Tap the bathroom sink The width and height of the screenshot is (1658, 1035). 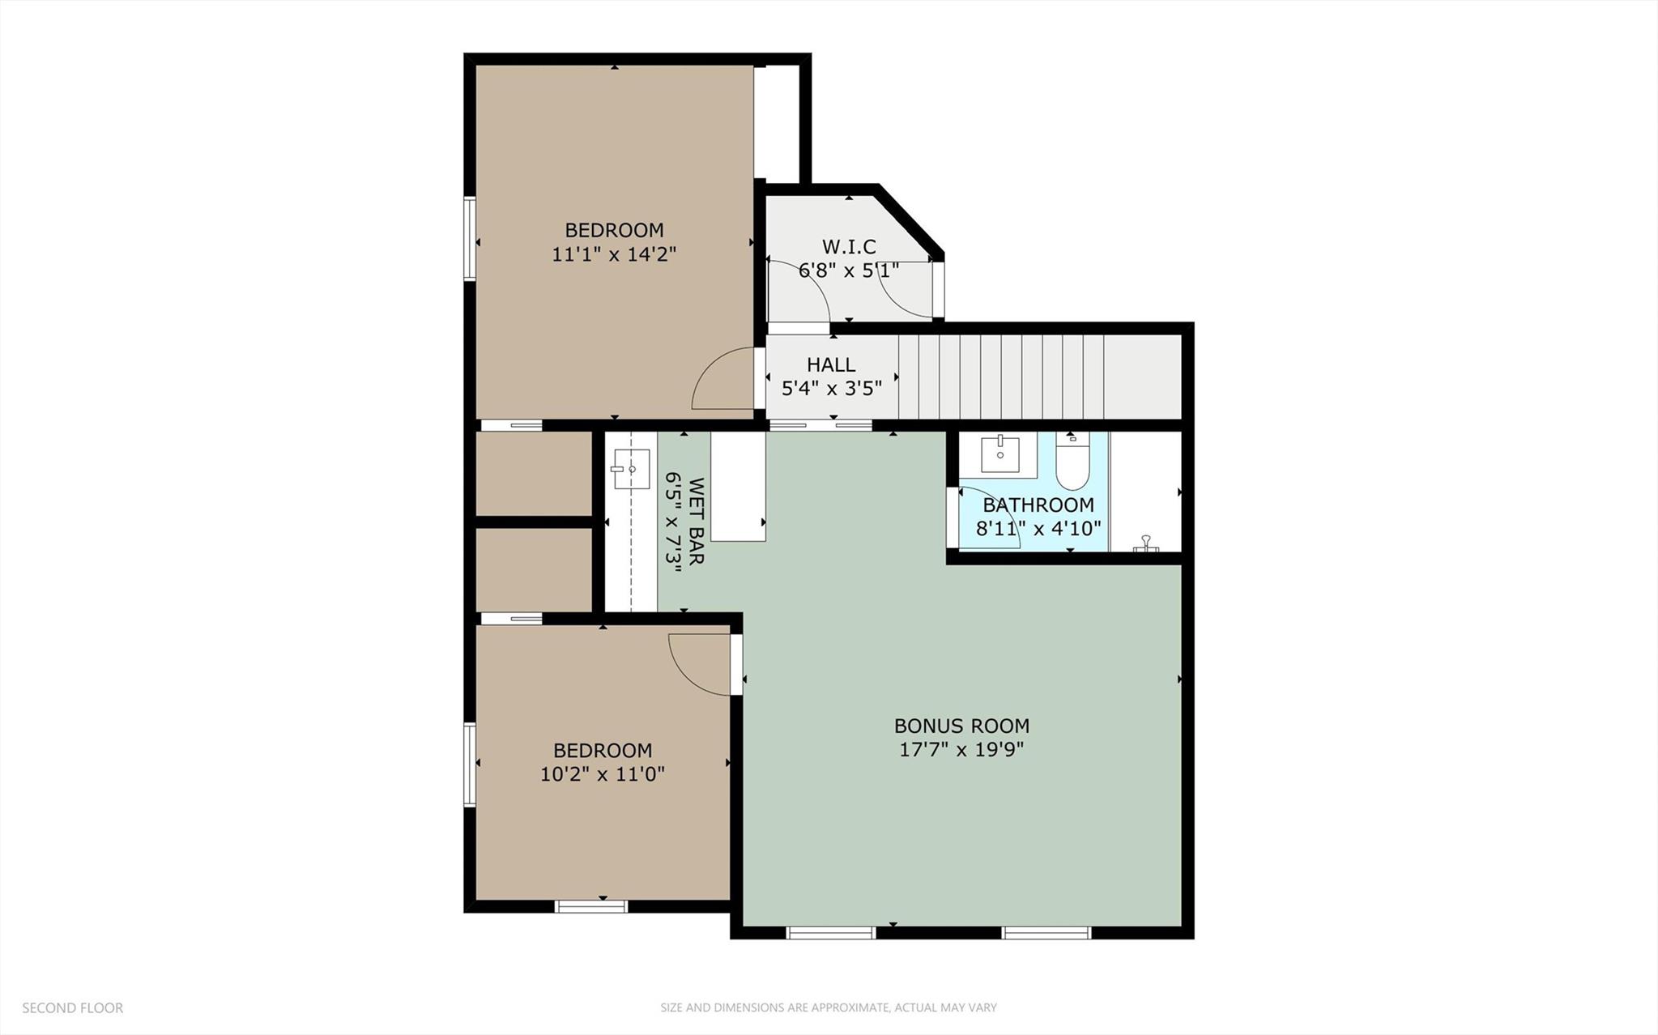tap(1000, 454)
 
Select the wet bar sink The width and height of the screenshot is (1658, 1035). tap(631, 470)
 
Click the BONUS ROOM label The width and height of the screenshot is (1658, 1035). tap(961, 726)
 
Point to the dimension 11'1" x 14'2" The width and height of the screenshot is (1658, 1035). tap(614, 254)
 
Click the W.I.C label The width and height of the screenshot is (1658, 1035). tap(849, 246)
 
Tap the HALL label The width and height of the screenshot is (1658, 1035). tap(831, 365)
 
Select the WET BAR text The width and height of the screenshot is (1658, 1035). tap(697, 521)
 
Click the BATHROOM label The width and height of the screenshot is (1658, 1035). tap(1038, 505)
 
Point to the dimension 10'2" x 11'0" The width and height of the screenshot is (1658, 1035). tap(603, 774)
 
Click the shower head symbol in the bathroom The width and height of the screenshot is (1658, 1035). tap(1145, 543)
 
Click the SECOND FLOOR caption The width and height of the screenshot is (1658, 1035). tap(72, 1008)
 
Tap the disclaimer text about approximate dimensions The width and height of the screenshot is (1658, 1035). tap(828, 1008)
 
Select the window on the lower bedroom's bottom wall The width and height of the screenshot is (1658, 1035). tap(591, 906)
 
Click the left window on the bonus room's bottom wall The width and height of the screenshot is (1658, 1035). tap(831, 933)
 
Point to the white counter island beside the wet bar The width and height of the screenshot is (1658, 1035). tap(738, 486)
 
